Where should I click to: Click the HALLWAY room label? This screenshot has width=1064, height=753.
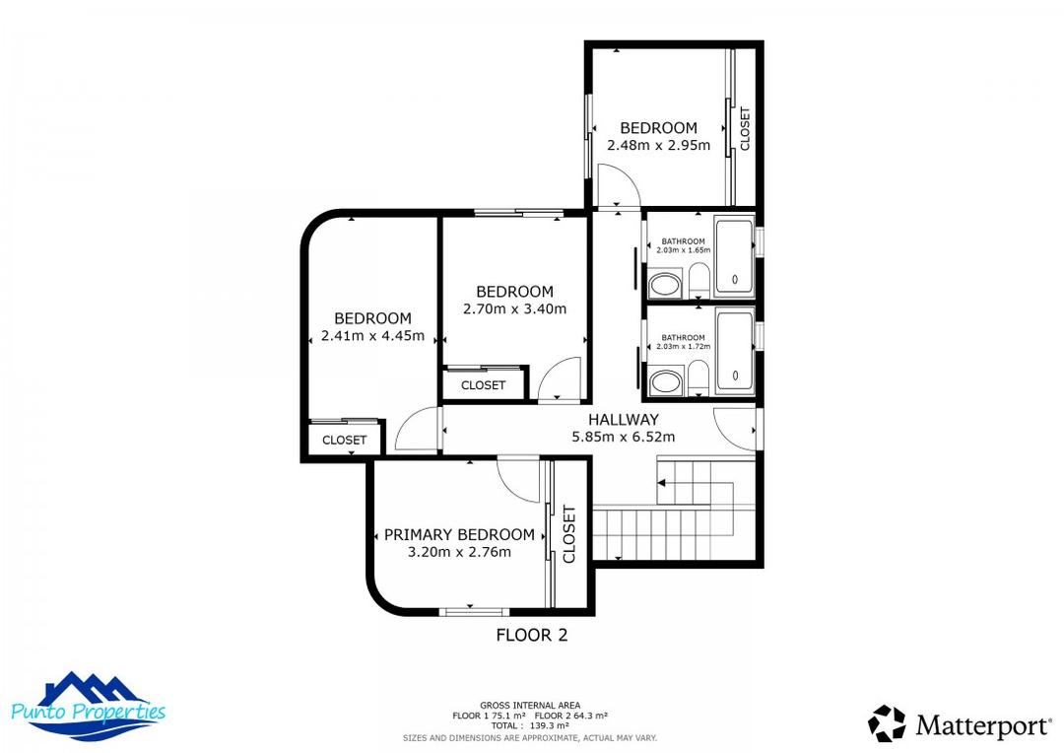(623, 420)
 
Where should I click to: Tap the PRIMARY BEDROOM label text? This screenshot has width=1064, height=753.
(459, 534)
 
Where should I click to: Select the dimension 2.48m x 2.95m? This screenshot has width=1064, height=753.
(658, 145)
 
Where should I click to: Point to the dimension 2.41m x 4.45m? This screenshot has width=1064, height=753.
(372, 335)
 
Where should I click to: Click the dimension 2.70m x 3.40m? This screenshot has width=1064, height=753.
(514, 308)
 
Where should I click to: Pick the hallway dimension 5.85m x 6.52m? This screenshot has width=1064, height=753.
(623, 437)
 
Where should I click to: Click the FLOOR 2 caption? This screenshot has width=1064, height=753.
(531, 636)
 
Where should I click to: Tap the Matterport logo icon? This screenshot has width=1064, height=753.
(887, 724)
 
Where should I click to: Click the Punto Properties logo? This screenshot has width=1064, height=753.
(88, 706)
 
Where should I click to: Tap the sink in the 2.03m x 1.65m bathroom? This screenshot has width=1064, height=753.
(666, 287)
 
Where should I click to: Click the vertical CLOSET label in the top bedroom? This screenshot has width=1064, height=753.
(745, 128)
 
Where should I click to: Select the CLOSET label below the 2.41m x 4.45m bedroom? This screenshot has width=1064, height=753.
(344, 441)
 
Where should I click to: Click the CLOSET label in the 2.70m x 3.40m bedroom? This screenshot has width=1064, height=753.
(483, 385)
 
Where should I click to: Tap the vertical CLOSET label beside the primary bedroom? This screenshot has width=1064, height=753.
(569, 534)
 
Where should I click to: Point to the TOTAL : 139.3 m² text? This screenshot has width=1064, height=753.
(530, 724)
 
